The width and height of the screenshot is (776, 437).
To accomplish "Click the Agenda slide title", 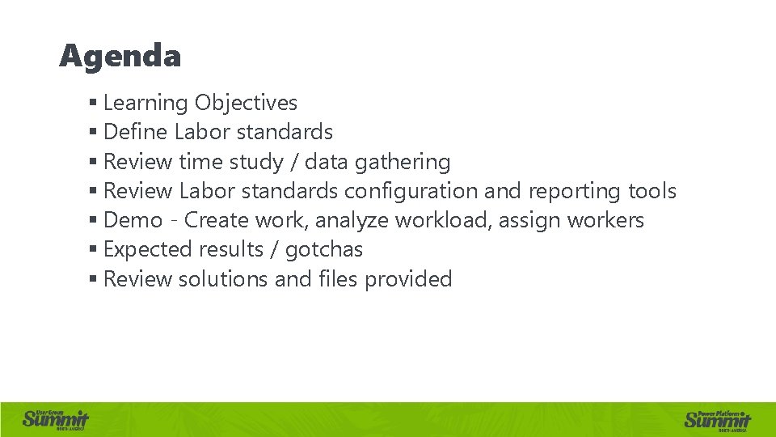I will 120,57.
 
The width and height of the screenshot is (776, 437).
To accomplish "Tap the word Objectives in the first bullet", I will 246,104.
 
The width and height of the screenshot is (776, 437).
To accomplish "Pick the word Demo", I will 133,220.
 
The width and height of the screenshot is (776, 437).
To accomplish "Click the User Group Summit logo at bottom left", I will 55,418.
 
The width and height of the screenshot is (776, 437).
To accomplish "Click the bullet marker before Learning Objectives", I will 94,104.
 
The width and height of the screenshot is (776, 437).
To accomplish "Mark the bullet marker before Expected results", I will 94,249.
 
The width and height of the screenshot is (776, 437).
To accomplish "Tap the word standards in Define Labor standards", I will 287,132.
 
